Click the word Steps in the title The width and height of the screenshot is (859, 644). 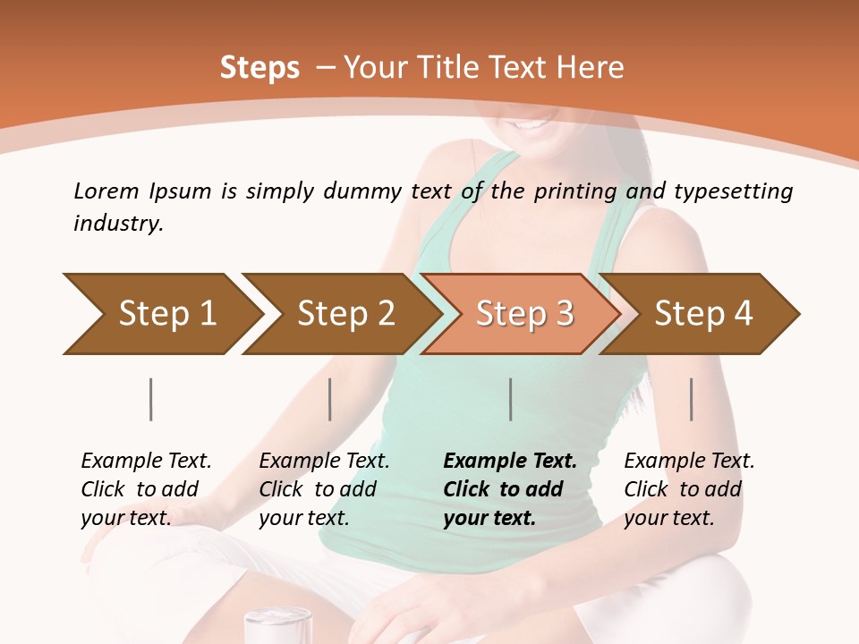pos(259,68)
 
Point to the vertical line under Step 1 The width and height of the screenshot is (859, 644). pos(151,399)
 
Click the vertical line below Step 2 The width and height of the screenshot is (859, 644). pos(330,399)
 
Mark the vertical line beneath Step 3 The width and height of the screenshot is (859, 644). pos(511,399)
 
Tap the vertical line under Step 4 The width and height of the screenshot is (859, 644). pos(692,399)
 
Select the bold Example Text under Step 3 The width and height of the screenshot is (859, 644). pos(510,489)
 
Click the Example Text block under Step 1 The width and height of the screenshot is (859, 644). pos(146,489)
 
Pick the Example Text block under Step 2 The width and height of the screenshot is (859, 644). pos(324,489)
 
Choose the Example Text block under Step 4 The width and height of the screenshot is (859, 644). pos(689,489)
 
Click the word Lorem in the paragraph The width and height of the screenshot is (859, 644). pos(106,191)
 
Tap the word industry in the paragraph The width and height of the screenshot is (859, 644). pos(118,224)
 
